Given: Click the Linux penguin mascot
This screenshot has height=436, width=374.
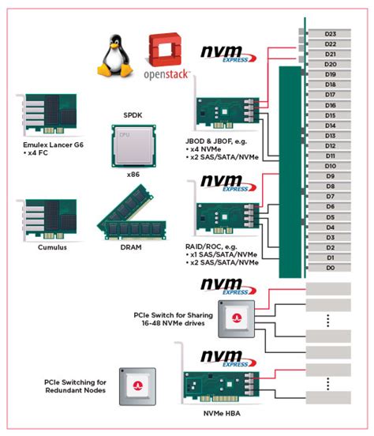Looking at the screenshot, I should (114, 56).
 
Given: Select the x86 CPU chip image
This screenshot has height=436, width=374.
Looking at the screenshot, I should (129, 145).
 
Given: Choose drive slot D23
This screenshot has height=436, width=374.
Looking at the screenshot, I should (330, 33).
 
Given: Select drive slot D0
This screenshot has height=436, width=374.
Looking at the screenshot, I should (330, 268).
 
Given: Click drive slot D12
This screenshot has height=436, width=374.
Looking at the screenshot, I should (330, 145).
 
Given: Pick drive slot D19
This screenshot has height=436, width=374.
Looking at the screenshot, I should (330, 74).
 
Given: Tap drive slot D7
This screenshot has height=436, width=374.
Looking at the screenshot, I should (330, 197).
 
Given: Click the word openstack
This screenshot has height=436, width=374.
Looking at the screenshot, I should (166, 77).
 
